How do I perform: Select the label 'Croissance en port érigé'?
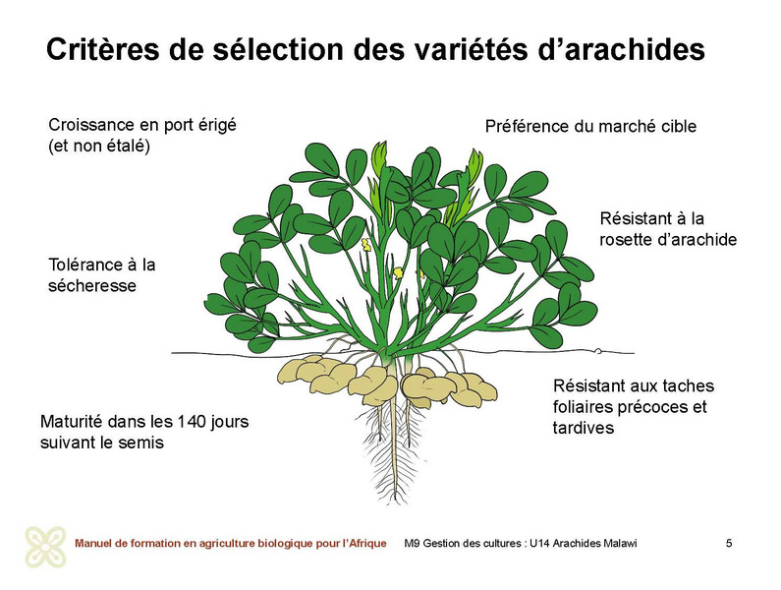(142, 125)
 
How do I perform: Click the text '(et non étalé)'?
(99, 147)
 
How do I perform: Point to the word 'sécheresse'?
(92, 286)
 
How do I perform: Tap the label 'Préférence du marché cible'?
(590, 126)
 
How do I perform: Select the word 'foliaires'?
(583, 407)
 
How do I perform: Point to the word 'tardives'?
(584, 428)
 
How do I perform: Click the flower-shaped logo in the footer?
(46, 547)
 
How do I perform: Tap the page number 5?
(729, 543)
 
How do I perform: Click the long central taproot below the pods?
(395, 439)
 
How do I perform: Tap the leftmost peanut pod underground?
(298, 371)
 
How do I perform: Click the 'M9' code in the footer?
(412, 543)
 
